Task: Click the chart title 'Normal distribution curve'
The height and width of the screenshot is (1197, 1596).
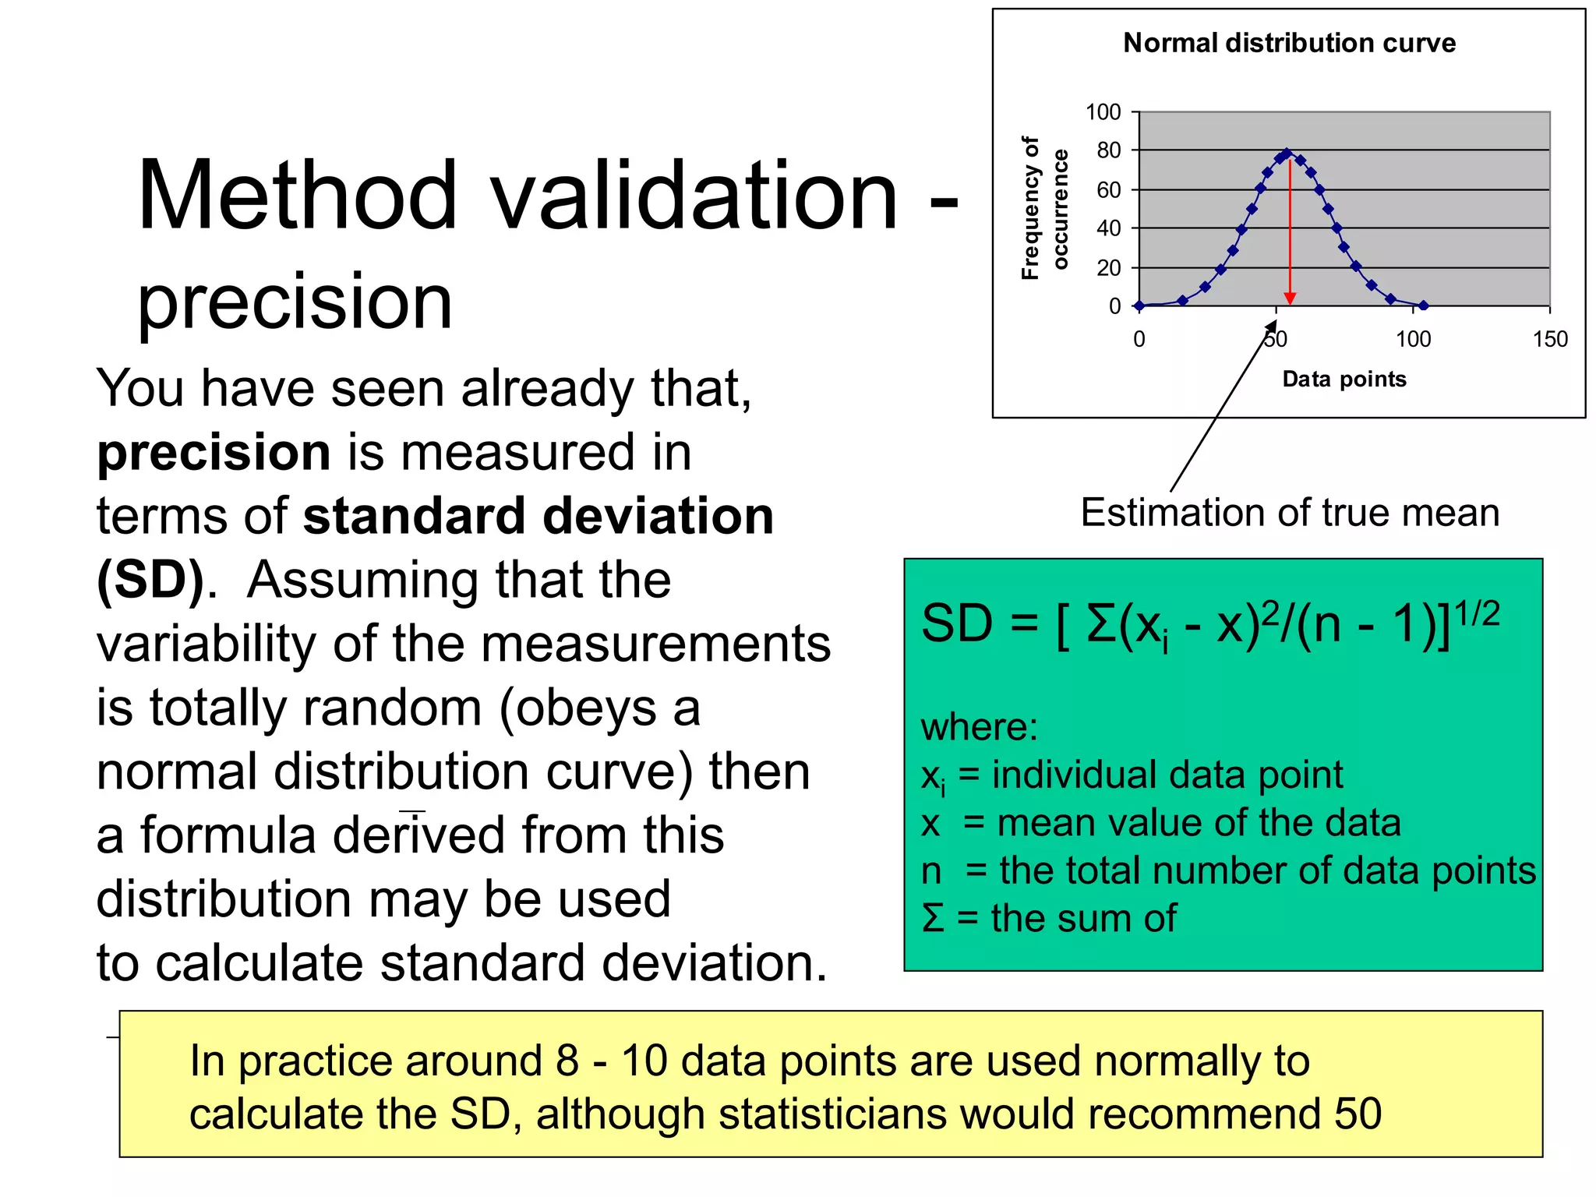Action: click(1289, 43)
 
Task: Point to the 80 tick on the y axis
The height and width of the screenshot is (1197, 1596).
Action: click(1108, 150)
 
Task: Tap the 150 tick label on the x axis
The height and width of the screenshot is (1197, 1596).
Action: click(1549, 339)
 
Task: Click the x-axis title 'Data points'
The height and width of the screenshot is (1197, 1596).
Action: click(1344, 380)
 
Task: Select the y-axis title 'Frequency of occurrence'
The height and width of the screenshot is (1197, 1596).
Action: click(1043, 208)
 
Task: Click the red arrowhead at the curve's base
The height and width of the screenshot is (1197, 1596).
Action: click(1290, 298)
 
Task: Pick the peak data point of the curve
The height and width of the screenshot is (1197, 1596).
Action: click(1287, 153)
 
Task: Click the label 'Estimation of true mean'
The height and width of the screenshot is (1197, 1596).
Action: click(1289, 514)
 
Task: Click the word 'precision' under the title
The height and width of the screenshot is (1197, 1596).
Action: click(295, 302)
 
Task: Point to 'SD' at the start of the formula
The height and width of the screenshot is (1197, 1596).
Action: click(956, 624)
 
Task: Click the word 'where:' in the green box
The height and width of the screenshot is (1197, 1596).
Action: click(979, 727)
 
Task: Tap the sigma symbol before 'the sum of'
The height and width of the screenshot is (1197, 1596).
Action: click(933, 918)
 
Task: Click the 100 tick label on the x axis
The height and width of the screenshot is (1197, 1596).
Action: click(1413, 339)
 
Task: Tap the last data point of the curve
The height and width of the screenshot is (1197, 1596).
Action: click(1423, 305)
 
